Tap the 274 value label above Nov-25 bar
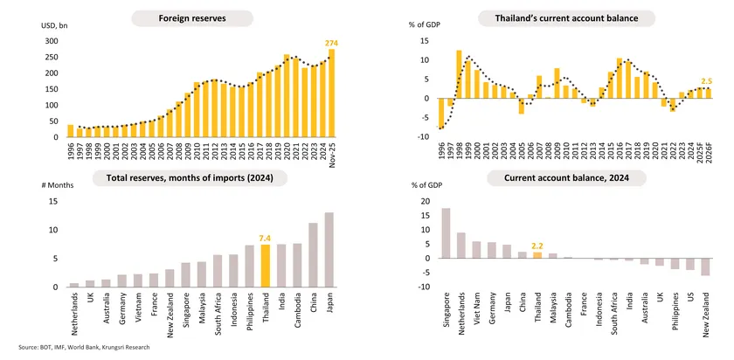[332, 43]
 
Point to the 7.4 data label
[266, 237]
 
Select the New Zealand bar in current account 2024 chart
[705, 267]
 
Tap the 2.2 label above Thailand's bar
[537, 246]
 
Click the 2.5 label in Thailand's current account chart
[705, 80]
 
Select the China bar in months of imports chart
[313, 255]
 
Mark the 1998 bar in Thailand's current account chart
[459, 74]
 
